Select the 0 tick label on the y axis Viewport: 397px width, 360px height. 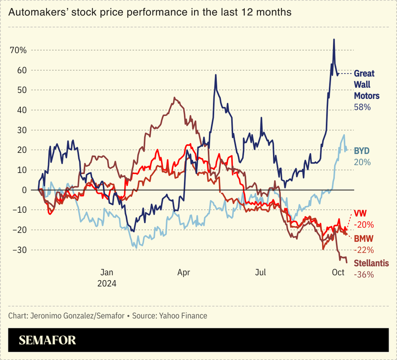(x=23, y=190)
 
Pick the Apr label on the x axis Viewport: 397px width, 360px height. (x=184, y=272)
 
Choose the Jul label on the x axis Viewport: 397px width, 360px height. (x=261, y=272)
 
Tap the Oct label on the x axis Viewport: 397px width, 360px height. (x=338, y=272)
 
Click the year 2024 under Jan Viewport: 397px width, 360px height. (x=107, y=284)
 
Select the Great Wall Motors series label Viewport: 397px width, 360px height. (x=367, y=84)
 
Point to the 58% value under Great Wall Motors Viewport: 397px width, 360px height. (x=362, y=107)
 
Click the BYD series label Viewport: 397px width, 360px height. (x=362, y=150)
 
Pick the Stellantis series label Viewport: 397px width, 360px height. (x=371, y=263)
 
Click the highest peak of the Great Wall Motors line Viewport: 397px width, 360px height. (x=334, y=39)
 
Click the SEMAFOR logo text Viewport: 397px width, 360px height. (x=48, y=341)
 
